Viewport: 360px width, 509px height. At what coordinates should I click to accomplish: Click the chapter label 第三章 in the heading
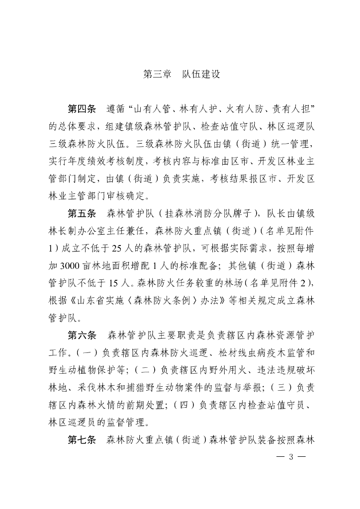(157, 74)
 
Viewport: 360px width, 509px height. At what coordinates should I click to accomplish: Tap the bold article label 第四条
(82, 108)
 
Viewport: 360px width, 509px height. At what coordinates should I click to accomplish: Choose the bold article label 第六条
(82, 336)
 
